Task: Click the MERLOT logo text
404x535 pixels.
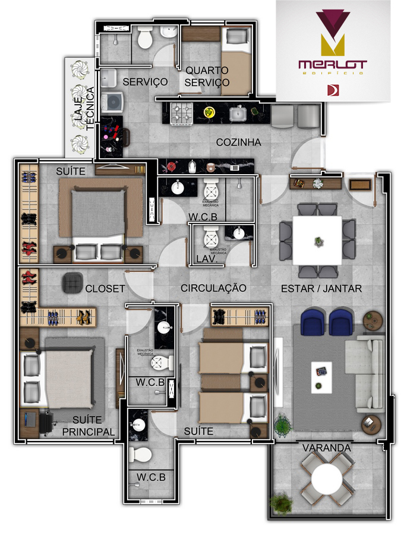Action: point(333,64)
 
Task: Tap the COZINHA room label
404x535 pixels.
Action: point(239,143)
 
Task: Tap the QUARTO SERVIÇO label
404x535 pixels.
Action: point(207,76)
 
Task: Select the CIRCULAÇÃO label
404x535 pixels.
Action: point(213,288)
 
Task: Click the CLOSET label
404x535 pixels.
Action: point(105,289)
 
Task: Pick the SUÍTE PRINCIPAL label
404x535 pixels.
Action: point(89,426)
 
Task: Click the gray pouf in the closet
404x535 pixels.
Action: point(73,282)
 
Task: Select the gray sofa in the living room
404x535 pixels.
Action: point(370,374)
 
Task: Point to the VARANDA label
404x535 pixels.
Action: point(326,447)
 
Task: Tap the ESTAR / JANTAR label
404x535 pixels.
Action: point(321,288)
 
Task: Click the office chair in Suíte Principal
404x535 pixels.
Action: point(46,422)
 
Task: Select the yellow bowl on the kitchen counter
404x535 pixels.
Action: point(209,112)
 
